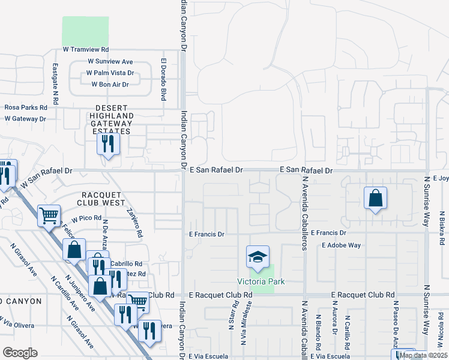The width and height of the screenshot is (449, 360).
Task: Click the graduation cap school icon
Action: click(x=257, y=257)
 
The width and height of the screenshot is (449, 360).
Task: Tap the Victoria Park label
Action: click(x=260, y=281)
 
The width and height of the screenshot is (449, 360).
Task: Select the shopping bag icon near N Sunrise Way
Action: click(x=375, y=199)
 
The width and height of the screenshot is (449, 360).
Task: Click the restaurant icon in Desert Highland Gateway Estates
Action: click(x=108, y=144)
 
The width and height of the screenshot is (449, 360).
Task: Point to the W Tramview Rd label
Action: click(x=85, y=50)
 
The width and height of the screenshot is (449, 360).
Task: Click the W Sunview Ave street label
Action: click(x=110, y=62)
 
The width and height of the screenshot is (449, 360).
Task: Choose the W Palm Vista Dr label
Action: click(x=109, y=73)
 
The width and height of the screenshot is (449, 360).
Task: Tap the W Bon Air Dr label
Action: click(x=110, y=85)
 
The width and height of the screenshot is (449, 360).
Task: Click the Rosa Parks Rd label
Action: click(x=26, y=107)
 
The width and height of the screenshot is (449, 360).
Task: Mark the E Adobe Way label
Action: click(x=341, y=245)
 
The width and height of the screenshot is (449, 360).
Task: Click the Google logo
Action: click(x=20, y=353)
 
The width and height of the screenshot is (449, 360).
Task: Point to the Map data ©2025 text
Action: click(x=424, y=355)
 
